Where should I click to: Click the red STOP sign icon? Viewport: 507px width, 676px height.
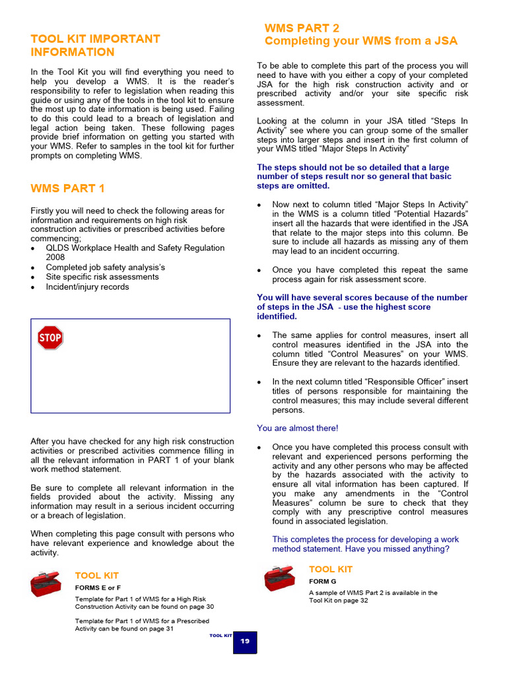50,337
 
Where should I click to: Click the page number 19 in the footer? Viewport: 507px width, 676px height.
244,642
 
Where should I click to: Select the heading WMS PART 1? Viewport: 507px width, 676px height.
68,189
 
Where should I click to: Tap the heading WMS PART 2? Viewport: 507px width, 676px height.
302,28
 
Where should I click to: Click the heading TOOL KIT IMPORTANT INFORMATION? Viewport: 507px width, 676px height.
96,46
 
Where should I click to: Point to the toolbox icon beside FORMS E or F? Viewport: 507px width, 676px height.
46,584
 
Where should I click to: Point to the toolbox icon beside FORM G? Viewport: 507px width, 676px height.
280,578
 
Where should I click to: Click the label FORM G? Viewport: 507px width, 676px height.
323,582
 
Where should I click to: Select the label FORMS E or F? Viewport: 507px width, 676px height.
98,588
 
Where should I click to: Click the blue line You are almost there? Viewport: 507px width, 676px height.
298,428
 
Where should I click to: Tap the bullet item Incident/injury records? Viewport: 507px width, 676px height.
87,287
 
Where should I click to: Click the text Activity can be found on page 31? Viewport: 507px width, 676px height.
124,629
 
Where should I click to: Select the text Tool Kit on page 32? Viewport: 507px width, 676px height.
339,601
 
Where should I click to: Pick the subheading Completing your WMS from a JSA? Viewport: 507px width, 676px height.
360,41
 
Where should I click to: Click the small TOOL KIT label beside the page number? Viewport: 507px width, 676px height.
220,635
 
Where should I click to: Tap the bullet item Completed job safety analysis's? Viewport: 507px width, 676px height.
106,267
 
